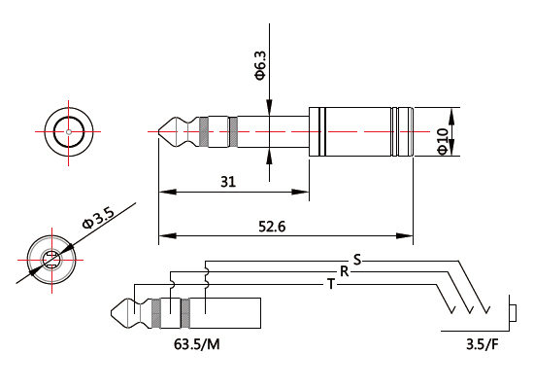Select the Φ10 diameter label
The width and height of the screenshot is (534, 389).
pos(444,142)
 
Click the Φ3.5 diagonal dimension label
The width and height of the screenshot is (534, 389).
pos(97,220)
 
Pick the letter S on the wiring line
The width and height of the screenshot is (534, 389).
pos(356,259)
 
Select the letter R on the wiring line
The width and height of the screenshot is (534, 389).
pos(343,270)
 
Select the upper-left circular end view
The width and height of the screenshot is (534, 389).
pos(69,129)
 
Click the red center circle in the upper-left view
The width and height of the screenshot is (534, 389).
pos(69,129)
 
